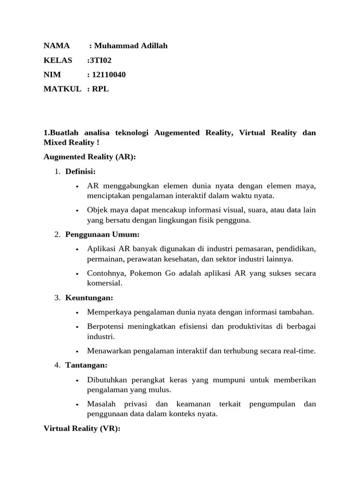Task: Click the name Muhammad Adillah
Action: pyautogui.click(x=131, y=45)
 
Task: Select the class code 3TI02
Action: pyautogui.click(x=100, y=60)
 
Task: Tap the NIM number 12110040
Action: pyautogui.click(x=109, y=75)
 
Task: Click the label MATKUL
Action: pyautogui.click(x=62, y=89)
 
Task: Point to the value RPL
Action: pyautogui.click(x=100, y=89)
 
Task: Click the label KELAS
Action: pyautogui.click(x=58, y=60)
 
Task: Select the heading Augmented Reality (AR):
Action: pyautogui.click(x=90, y=157)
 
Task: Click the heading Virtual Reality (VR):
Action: pyautogui.click(x=82, y=428)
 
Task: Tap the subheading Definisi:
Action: pyautogui.click(x=80, y=171)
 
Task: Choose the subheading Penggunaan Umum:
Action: pyautogui.click(x=102, y=234)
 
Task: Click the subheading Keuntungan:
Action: pyautogui.click(x=89, y=298)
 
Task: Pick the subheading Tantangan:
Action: pyautogui.click(x=86, y=365)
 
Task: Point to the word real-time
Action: pyautogui.click(x=299, y=351)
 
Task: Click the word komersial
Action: pyautogui.click(x=104, y=283)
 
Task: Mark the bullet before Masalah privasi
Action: pyautogui.click(x=76, y=404)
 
